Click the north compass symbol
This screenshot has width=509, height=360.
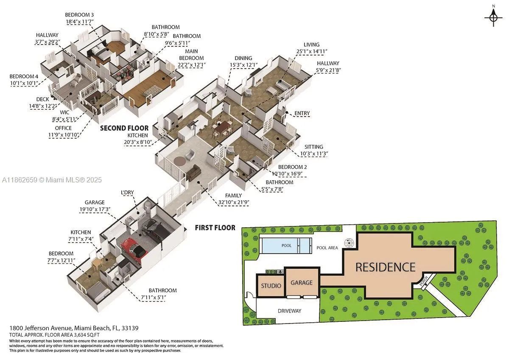click(x=493, y=17)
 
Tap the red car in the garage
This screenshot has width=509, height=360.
click(x=134, y=248)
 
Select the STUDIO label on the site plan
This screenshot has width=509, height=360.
click(x=271, y=285)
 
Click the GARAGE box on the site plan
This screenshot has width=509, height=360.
click(x=301, y=282)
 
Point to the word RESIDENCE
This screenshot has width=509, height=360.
click(x=385, y=267)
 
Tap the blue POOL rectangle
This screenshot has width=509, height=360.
click(x=287, y=245)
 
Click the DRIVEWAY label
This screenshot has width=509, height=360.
click(x=289, y=311)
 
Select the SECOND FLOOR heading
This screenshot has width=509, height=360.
click(x=124, y=128)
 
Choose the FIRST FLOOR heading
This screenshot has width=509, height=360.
click(x=215, y=228)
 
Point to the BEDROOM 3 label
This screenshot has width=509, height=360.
click(x=80, y=15)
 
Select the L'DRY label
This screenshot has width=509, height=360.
click(x=127, y=193)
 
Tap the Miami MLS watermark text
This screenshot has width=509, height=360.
click(x=51, y=180)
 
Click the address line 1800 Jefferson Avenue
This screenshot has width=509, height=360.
click(x=74, y=328)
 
